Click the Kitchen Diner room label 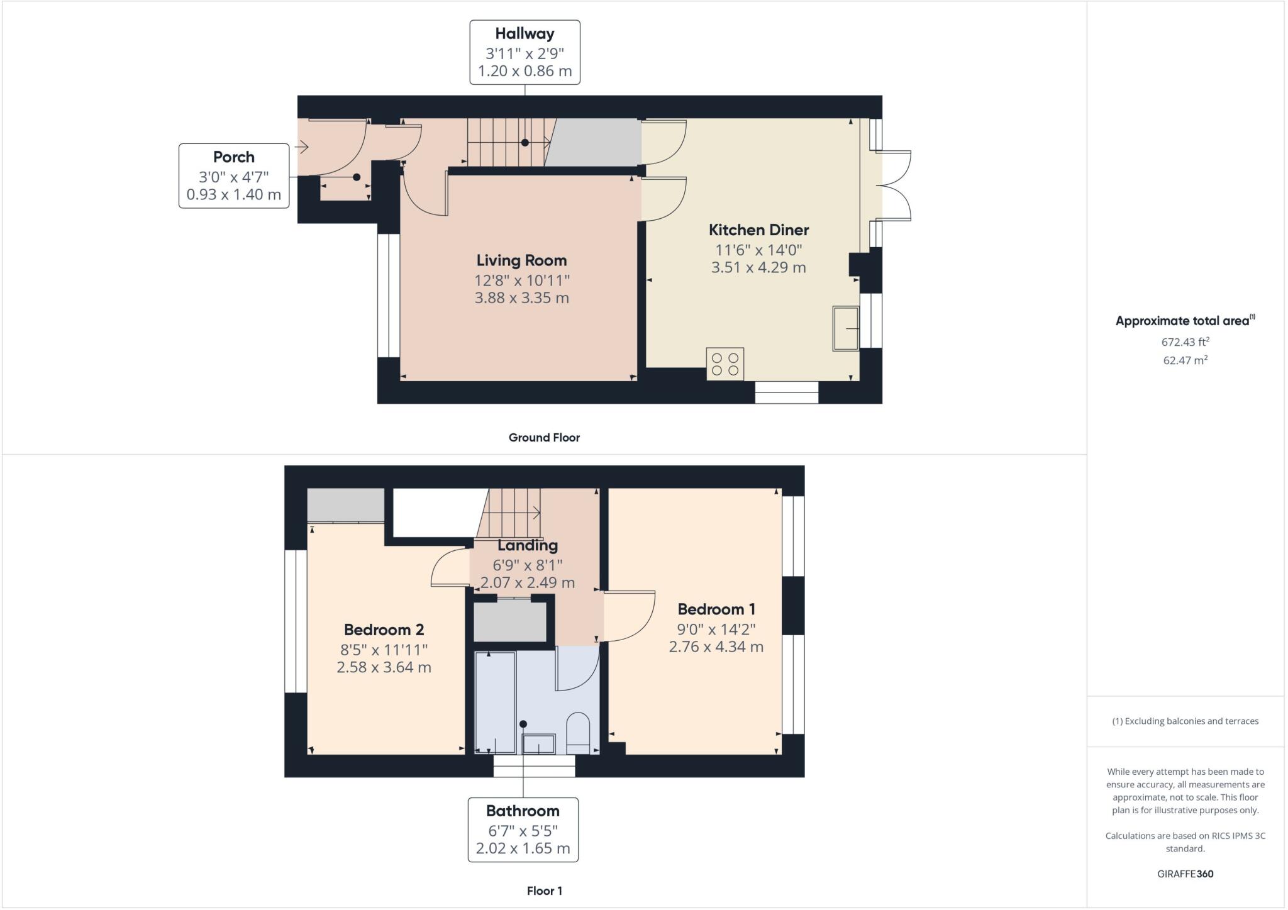point(758,230)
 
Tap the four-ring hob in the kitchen point(724,364)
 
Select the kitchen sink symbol point(846,328)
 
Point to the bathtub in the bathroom point(495,702)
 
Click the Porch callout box point(234,175)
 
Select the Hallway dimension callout point(525,52)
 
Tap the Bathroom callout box point(523,830)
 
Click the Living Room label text point(521,260)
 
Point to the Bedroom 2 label point(384,630)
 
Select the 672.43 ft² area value point(1185,342)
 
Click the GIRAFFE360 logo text point(1185,874)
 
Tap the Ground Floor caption point(544,438)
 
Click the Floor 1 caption point(544,891)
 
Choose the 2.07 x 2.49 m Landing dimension point(527,583)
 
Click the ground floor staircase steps point(506,143)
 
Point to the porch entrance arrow point(301,148)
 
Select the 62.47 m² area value point(1185,360)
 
